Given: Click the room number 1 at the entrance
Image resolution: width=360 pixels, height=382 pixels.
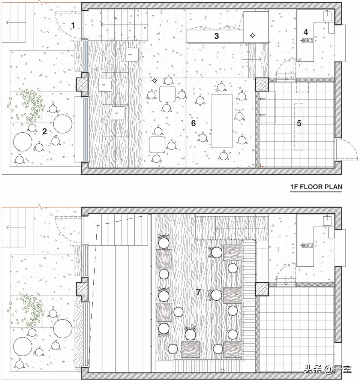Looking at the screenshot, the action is pyautogui.click(x=73, y=25).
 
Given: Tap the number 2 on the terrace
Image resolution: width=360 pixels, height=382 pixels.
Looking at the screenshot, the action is pyautogui.click(x=44, y=131).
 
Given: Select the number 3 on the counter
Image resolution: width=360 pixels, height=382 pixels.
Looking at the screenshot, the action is pyautogui.click(x=216, y=36).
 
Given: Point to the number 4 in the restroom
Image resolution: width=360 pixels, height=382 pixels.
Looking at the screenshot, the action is pyautogui.click(x=306, y=31).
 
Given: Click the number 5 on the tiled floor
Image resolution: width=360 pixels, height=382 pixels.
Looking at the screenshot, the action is pyautogui.click(x=299, y=123).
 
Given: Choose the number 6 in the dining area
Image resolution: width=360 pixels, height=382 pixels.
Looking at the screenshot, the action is pyautogui.click(x=193, y=123).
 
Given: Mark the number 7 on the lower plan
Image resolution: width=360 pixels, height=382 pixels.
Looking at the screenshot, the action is pyautogui.click(x=198, y=292).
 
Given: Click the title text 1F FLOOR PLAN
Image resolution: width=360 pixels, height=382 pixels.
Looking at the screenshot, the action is pyautogui.click(x=316, y=187).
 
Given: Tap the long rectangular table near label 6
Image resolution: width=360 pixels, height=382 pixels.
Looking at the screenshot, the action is pyautogui.click(x=222, y=121).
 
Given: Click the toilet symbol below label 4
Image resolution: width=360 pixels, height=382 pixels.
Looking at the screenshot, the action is pyautogui.click(x=307, y=40).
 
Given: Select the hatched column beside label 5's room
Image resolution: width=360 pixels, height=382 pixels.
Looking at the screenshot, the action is pyautogui.click(x=262, y=85).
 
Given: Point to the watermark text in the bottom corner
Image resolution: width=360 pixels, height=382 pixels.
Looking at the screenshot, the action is pyautogui.click(x=328, y=369).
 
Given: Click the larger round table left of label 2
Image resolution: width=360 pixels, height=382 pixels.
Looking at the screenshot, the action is pyautogui.click(x=22, y=142).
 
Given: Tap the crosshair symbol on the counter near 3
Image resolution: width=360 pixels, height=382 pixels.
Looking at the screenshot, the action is pyautogui.click(x=252, y=35).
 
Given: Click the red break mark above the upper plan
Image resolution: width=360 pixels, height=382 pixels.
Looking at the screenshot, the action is pyautogui.click(x=42, y=2).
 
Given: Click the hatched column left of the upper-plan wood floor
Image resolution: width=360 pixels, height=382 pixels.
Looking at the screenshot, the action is pyautogui.click(x=81, y=84).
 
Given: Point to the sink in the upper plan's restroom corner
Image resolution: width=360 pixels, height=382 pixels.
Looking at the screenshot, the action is pyautogui.click(x=327, y=15).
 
